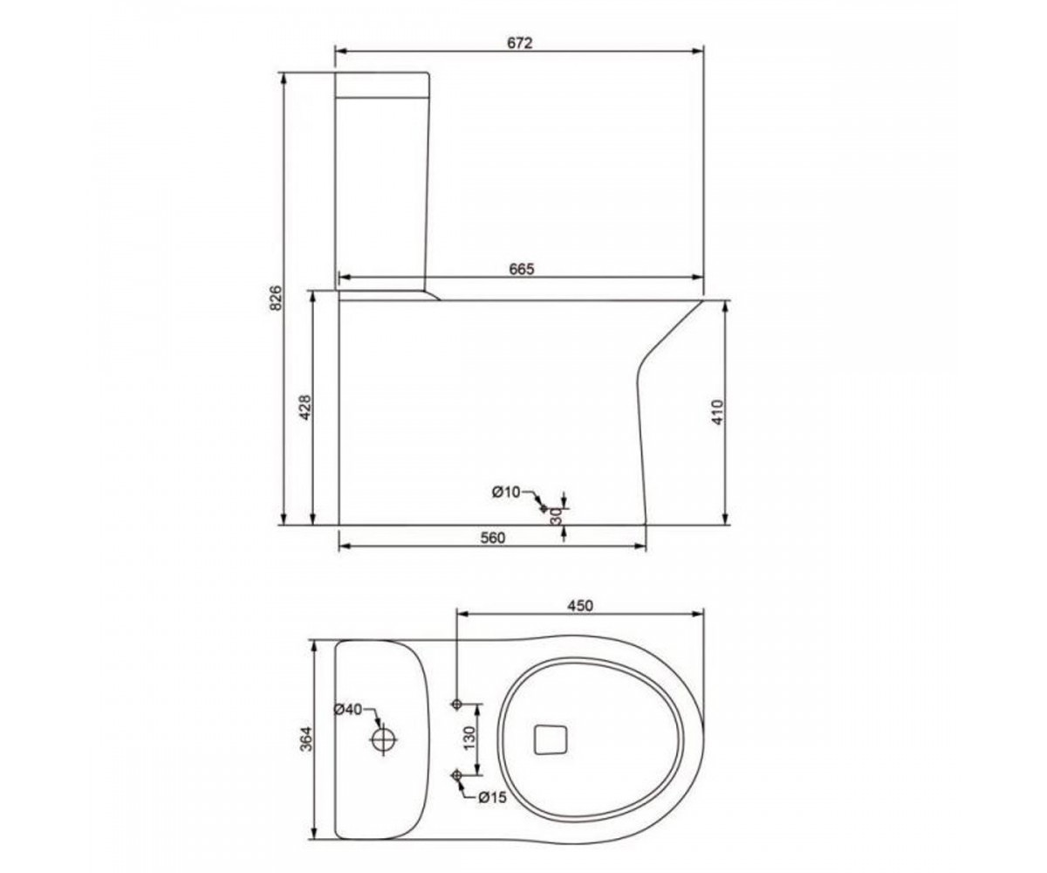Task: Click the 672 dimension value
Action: [x=519, y=43]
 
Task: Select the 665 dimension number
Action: [x=522, y=269]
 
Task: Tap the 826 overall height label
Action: [x=277, y=298]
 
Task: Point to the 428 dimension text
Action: [x=305, y=408]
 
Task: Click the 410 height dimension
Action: [x=718, y=412]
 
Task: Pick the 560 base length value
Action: [x=493, y=538]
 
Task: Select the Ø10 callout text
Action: [x=506, y=492]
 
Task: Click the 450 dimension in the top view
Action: [x=580, y=606]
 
